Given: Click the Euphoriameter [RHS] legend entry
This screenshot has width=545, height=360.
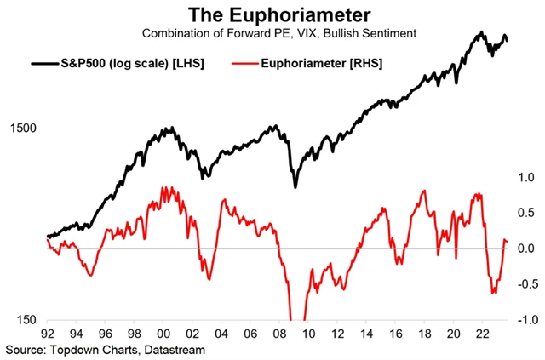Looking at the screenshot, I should [x=328, y=62].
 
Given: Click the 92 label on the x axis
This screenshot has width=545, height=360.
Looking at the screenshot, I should [x=47, y=335].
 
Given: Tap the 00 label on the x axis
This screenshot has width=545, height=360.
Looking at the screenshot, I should [x=167, y=335].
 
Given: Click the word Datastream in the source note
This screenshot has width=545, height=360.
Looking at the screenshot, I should [x=175, y=349].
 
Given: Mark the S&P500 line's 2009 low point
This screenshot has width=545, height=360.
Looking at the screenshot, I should [x=295, y=186].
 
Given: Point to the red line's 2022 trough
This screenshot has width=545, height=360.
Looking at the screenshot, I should [x=493, y=293].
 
